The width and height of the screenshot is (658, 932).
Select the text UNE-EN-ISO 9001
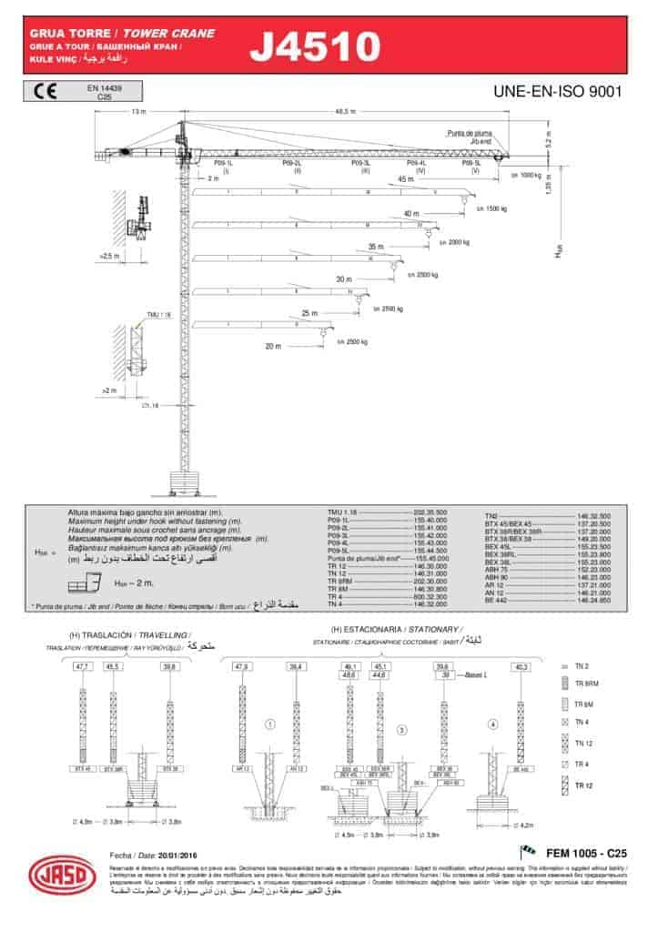point(556,91)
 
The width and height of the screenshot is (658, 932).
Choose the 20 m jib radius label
point(273,347)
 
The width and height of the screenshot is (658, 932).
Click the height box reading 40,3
point(521,667)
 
